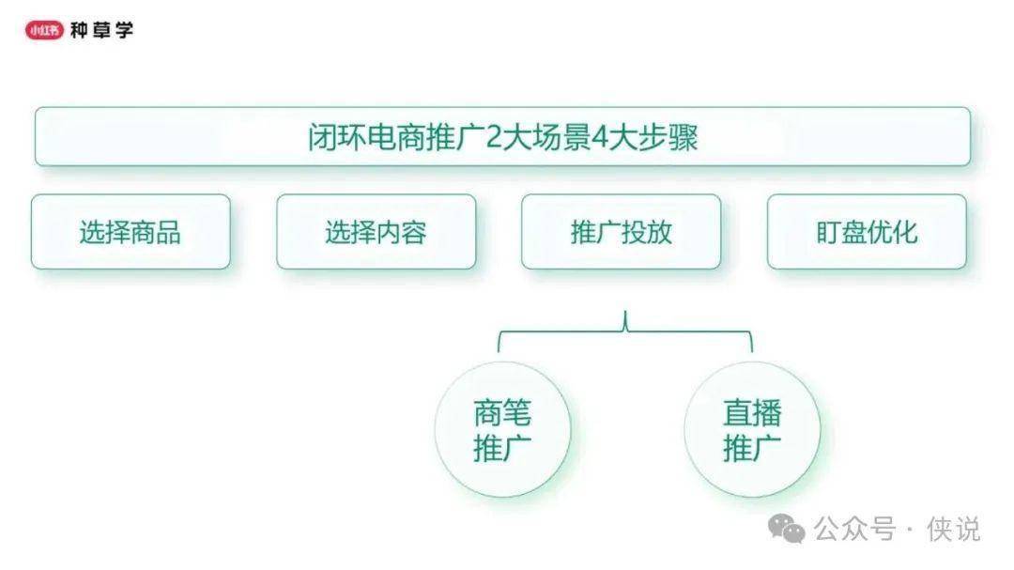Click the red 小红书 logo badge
[44, 30]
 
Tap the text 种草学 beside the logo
[101, 30]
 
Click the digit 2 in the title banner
[494, 137]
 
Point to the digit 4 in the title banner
[600, 137]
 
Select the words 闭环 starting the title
[337, 137]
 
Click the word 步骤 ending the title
[668, 137]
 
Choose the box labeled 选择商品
[131, 232]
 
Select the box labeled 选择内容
[376, 232]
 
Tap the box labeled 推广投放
[621, 232]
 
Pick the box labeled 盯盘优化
[867, 232]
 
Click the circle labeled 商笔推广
[502, 429]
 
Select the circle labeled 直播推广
[752, 429]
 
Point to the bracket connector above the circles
[624, 331]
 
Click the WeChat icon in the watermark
[787, 529]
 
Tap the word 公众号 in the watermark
[855, 530]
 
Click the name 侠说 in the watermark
[954, 530]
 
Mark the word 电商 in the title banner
[396, 137]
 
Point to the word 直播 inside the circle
[752, 413]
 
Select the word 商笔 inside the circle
[502, 413]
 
